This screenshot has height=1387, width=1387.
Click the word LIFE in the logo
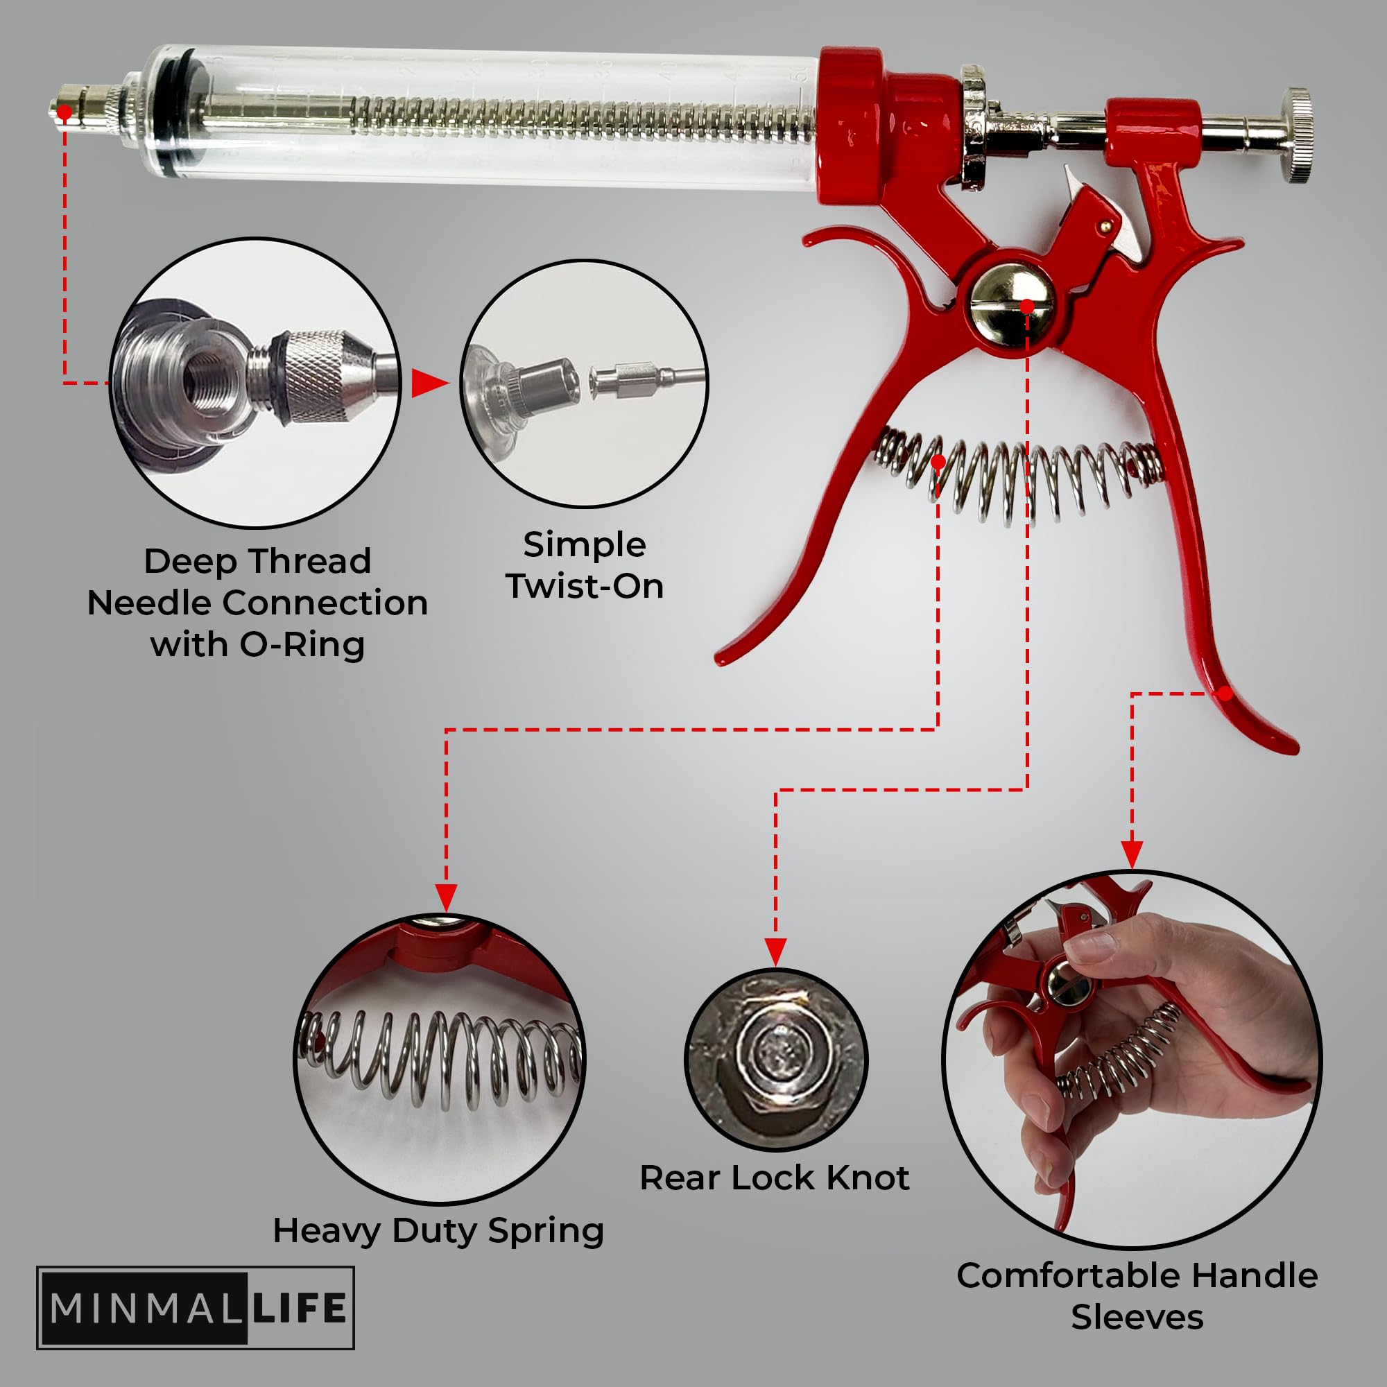coord(299,1307)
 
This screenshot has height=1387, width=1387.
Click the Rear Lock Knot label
coord(775,1178)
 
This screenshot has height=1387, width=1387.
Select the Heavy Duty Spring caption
coord(438,1230)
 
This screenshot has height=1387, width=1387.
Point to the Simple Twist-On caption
coord(585,565)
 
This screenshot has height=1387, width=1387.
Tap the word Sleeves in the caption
coord(1137,1318)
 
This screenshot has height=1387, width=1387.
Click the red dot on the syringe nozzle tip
coord(64,113)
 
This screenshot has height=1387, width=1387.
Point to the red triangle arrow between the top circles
coord(429,383)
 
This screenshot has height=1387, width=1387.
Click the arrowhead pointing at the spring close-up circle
coord(446,897)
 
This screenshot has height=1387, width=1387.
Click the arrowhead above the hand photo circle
coord(1132,854)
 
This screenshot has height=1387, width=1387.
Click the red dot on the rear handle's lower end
coord(1226,693)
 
